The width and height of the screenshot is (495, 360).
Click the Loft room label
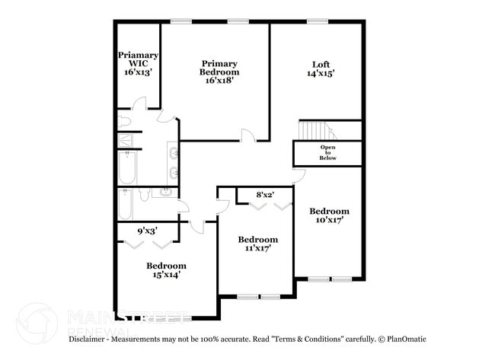[x=321, y=69]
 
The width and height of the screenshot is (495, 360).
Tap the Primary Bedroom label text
[x=219, y=72]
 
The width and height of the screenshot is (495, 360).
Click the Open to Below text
[x=327, y=152]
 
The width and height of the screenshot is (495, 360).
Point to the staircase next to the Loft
[x=312, y=131]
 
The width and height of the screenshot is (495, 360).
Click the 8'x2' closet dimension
[x=264, y=196]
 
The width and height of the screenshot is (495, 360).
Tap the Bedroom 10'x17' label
[x=329, y=216]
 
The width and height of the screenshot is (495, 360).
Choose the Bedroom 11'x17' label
[x=257, y=244]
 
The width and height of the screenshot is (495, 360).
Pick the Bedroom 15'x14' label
[x=166, y=270]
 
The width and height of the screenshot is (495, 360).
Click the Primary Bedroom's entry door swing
[x=247, y=135]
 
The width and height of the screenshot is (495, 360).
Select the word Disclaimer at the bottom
[x=91, y=339]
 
